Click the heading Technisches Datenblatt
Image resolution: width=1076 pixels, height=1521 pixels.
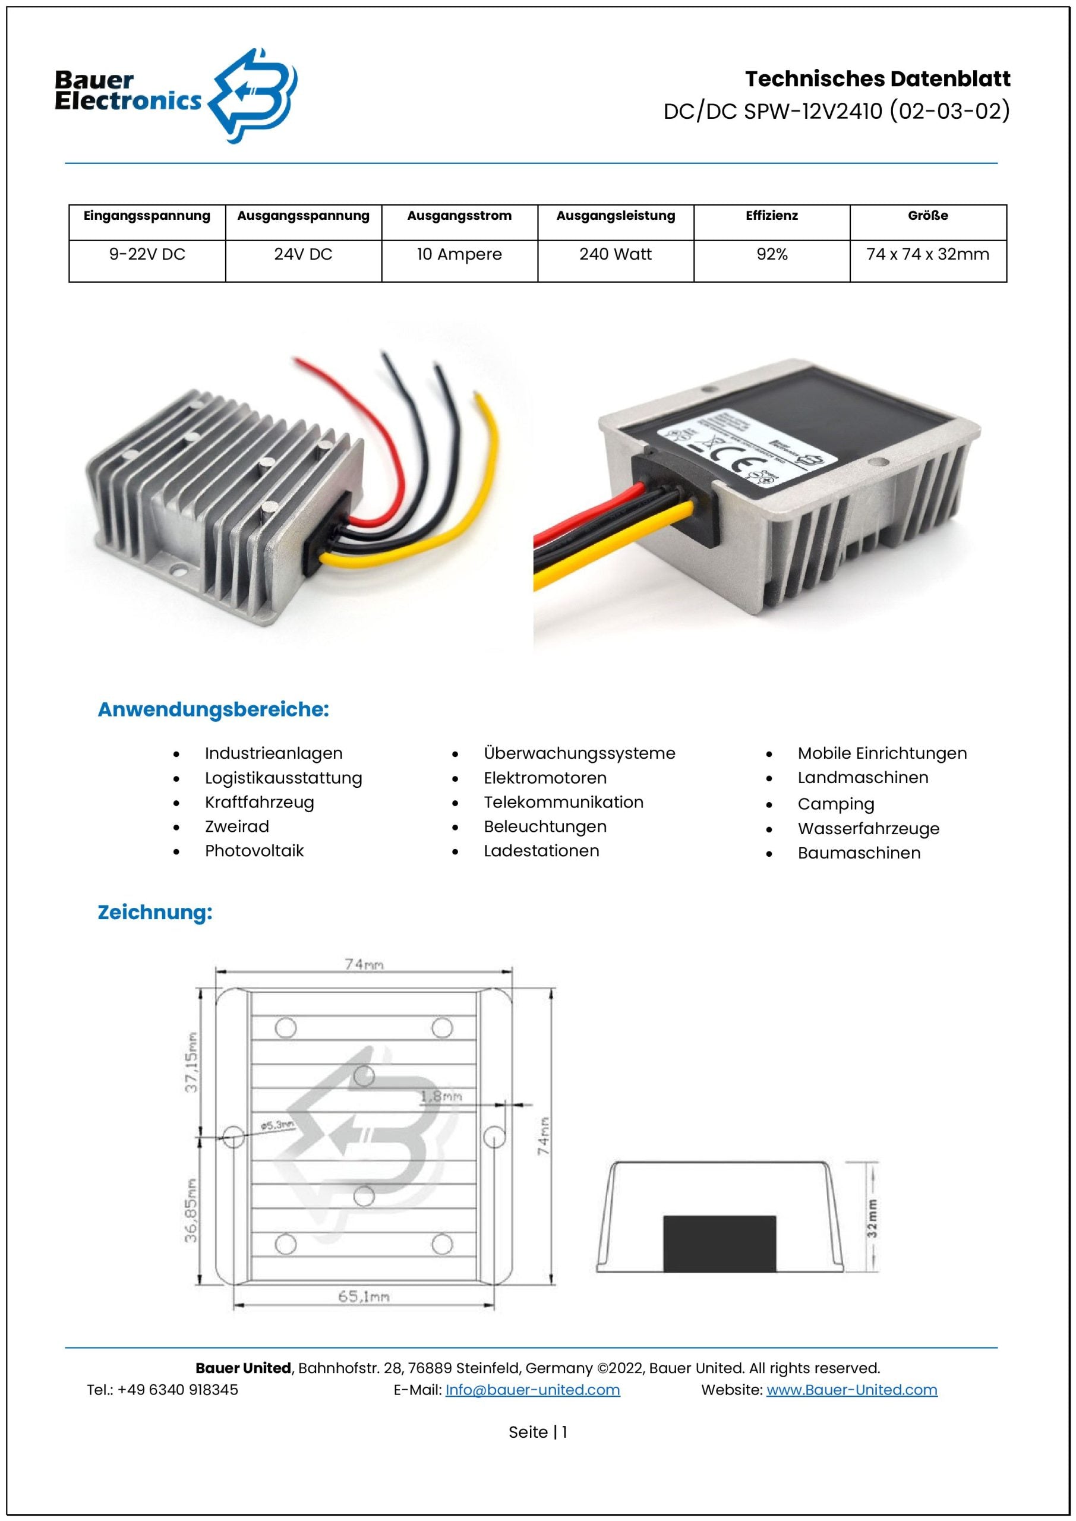pos(877,79)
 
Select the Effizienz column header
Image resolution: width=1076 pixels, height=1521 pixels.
pos(771,216)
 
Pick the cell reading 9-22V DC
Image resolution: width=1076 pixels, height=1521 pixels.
pos(147,254)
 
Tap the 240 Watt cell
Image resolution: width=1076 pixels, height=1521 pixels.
pos(616,254)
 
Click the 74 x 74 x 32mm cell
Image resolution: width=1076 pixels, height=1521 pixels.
pos(927,254)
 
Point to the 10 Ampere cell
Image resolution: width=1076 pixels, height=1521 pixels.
pos(459,254)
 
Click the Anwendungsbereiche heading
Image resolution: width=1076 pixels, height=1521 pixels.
pos(213,709)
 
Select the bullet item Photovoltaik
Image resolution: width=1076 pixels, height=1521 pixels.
pos(254,851)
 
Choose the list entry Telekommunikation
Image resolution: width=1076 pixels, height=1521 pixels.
pos(563,802)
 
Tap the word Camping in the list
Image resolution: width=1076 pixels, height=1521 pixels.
pos(835,804)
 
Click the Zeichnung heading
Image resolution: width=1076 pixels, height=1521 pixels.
pos(155,912)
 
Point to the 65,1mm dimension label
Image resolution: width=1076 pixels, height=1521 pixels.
pos(364,1296)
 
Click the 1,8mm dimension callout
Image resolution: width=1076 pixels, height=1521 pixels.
pos(441,1097)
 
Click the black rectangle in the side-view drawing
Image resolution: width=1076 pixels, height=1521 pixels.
pos(720,1243)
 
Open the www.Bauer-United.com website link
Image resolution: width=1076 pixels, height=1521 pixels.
pos(851,1390)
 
